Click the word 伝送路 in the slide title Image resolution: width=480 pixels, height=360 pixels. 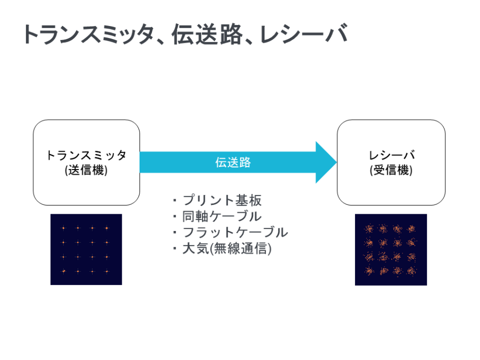click(x=207, y=34)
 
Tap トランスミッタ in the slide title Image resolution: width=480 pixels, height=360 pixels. click(x=89, y=34)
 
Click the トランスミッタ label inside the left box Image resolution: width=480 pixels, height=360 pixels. click(x=86, y=155)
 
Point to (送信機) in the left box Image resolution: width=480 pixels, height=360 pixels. click(x=86, y=170)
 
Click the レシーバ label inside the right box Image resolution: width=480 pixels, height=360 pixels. click(x=391, y=155)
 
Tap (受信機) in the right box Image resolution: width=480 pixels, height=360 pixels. click(x=391, y=170)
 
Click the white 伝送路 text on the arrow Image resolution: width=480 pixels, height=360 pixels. click(x=233, y=162)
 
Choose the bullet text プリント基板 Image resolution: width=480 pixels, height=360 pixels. click(x=222, y=200)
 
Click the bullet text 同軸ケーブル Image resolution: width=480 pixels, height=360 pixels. click(x=222, y=216)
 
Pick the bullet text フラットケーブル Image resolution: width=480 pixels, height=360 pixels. click(x=235, y=232)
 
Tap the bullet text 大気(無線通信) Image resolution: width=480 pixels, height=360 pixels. click(x=227, y=248)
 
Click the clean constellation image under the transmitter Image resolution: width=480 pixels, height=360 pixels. click(x=86, y=249)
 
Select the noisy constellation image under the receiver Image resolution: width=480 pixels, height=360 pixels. click(x=391, y=250)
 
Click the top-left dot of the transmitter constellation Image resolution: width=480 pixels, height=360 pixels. click(x=64, y=228)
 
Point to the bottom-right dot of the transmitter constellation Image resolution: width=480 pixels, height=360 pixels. click(x=107, y=271)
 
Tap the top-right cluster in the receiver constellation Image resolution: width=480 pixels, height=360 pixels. click(x=412, y=229)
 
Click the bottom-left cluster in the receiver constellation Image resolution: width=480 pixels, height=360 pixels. click(x=369, y=271)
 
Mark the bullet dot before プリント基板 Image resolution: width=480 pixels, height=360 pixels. click(x=175, y=201)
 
